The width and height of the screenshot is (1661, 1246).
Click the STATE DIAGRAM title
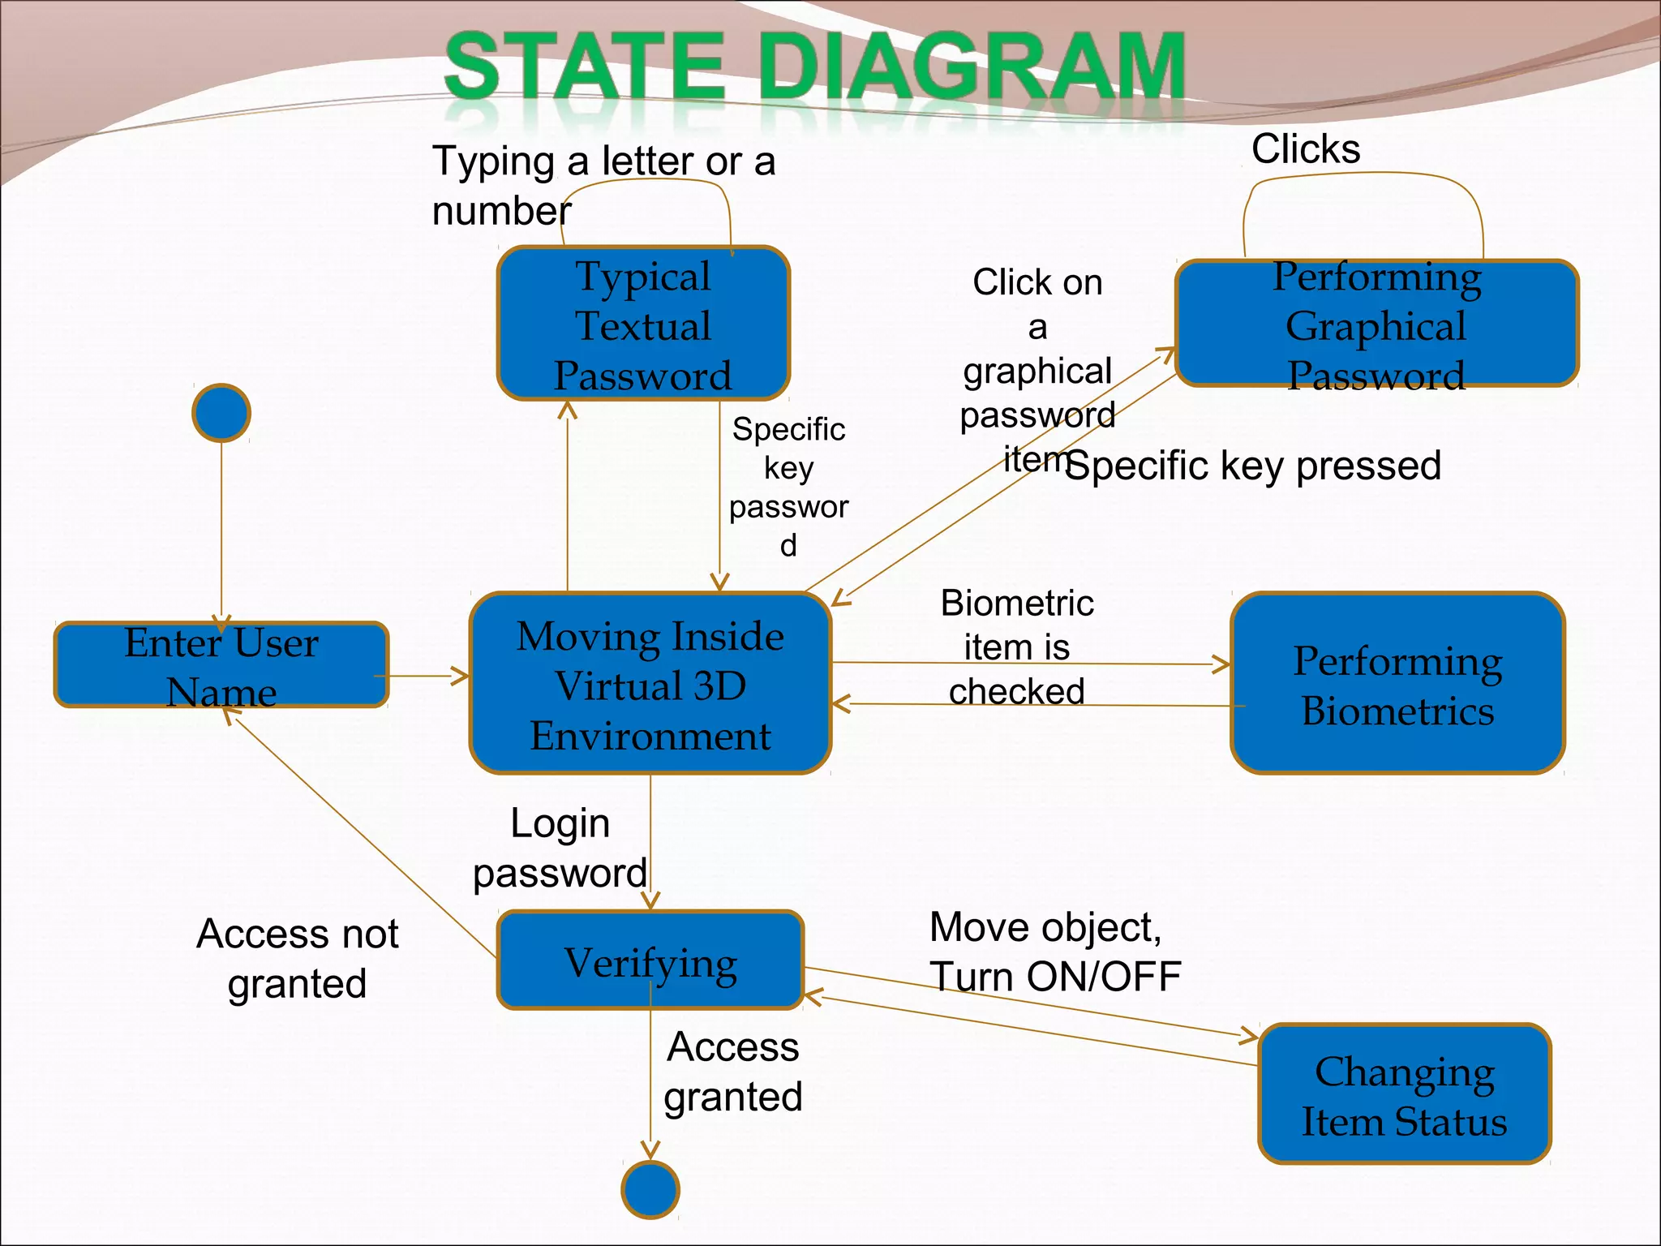click(814, 67)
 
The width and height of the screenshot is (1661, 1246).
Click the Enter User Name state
click(221, 665)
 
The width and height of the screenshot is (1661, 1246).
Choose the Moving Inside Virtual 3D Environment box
click(650, 684)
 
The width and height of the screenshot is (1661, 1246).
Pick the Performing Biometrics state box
click(1397, 684)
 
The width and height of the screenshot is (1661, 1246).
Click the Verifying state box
click(650, 960)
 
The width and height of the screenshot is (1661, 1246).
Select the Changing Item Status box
click(1404, 1094)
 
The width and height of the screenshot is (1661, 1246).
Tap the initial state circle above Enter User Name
click(221, 413)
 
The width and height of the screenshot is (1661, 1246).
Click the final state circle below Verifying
click(650, 1189)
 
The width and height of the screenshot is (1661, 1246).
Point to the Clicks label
click(1305, 149)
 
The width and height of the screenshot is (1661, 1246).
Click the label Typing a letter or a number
click(603, 185)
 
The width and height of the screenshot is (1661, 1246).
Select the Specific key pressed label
click(1253, 466)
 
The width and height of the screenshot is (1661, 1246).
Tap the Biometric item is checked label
click(1016, 647)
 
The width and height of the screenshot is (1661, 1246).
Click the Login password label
click(560, 848)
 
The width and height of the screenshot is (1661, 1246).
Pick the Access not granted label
click(297, 958)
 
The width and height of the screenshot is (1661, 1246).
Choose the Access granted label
click(732, 1072)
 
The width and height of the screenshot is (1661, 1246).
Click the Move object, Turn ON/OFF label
click(1054, 952)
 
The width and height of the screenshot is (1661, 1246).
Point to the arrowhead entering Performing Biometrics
click(1221, 664)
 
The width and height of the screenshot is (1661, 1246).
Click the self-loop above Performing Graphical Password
click(1365, 174)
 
